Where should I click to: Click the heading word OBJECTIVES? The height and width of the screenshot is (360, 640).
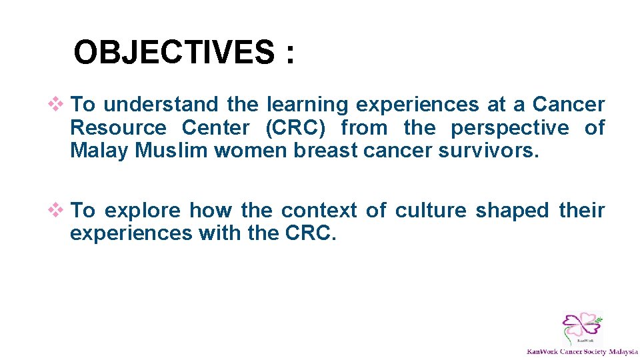[173, 52]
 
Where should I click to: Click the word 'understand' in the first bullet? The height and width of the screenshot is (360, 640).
[161, 105]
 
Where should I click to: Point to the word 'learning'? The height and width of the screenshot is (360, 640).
[307, 105]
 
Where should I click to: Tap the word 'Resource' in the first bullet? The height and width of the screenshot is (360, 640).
[118, 127]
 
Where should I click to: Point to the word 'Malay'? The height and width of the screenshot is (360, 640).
[99, 151]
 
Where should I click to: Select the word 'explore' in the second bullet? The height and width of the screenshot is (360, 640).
[143, 211]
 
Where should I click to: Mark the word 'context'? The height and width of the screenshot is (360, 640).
[319, 211]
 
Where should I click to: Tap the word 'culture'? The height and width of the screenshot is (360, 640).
[431, 211]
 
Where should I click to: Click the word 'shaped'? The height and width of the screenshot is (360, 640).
[512, 211]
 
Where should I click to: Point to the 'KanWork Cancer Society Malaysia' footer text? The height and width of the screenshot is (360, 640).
[582, 351]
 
